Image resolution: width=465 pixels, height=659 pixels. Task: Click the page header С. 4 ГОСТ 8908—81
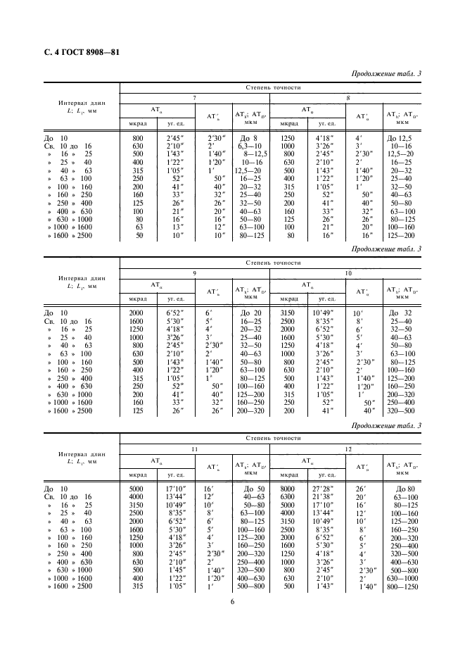pyautogui.click(x=78, y=53)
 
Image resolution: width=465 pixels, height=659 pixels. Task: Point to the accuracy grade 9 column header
pyautogui.click(x=194, y=272)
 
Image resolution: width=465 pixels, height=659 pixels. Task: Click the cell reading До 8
pyautogui.click(x=250, y=139)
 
